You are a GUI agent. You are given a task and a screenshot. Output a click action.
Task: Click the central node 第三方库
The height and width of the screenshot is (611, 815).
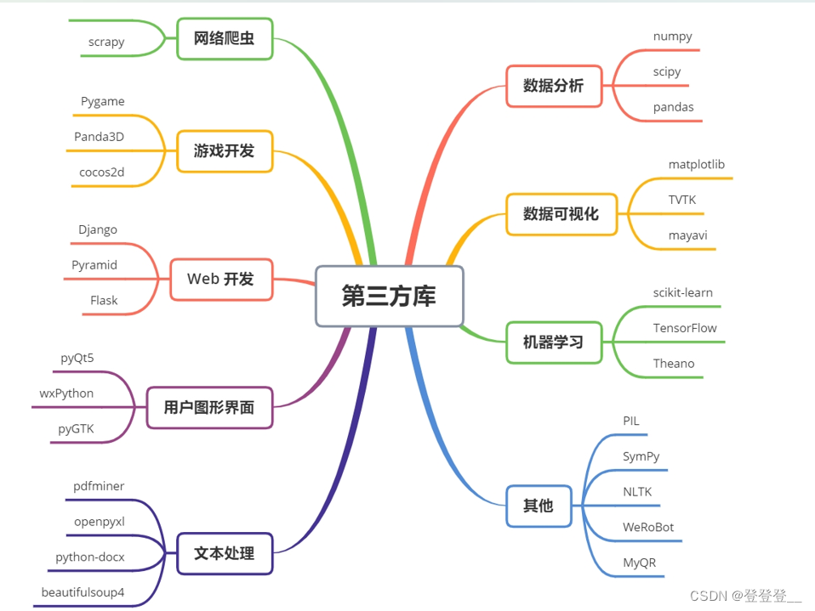point(390,296)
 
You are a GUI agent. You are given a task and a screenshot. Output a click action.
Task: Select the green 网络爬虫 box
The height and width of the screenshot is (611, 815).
point(225,39)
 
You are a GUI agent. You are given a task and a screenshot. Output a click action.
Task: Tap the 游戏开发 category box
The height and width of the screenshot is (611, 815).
point(225,151)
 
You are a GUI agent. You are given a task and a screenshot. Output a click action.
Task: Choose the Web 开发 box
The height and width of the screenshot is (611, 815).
point(221,280)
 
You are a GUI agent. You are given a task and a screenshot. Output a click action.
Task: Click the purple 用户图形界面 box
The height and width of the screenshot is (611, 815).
point(209,408)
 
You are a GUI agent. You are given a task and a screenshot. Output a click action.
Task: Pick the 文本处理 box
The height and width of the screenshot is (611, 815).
point(225,553)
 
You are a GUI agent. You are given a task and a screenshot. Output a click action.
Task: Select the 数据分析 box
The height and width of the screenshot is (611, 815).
point(554,85)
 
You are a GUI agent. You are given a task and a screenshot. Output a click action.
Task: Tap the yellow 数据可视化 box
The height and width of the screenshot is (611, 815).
point(561,214)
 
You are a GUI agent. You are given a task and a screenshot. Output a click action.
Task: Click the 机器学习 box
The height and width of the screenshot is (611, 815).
point(554,342)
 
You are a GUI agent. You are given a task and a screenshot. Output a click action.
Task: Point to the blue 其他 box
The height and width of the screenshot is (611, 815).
point(539,506)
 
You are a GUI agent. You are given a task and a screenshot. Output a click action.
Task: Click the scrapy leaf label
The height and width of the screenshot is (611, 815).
point(106,42)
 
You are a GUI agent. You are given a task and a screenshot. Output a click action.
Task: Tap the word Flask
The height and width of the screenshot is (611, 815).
point(104,300)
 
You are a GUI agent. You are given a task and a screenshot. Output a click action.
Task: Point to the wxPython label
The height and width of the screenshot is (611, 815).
point(66,393)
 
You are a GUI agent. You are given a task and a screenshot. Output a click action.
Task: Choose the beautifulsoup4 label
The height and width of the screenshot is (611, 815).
point(83,592)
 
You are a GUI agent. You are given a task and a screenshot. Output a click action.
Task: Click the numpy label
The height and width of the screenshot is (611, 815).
point(673,37)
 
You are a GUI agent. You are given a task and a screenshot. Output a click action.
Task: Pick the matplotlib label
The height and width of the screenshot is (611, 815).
point(697,164)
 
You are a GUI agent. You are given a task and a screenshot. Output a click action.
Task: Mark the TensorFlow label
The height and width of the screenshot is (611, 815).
point(685,328)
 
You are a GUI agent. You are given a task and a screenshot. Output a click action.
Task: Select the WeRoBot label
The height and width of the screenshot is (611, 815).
point(648,527)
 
